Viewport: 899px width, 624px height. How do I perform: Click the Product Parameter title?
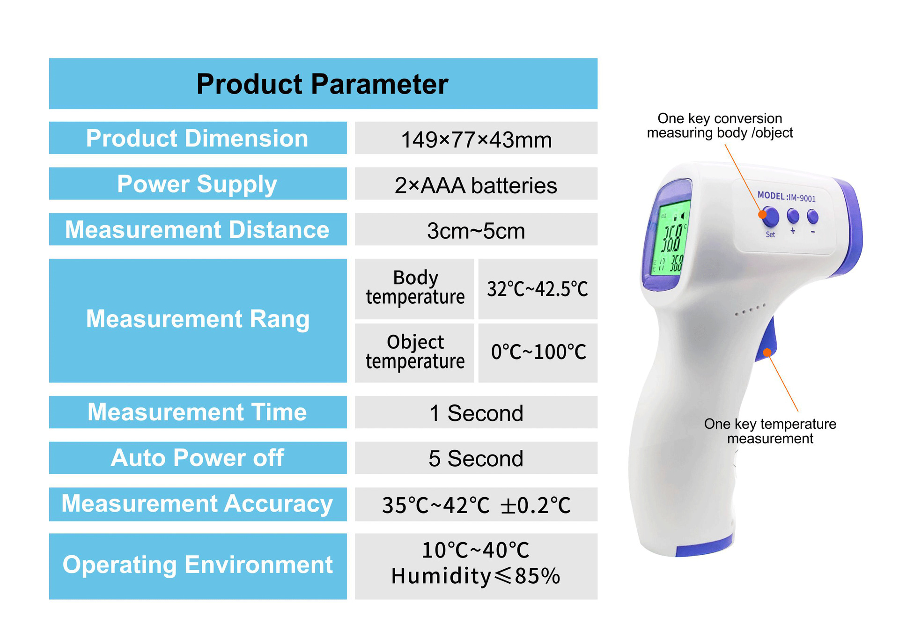pyautogui.click(x=322, y=84)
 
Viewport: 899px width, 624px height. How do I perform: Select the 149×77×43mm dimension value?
pyautogui.click(x=476, y=139)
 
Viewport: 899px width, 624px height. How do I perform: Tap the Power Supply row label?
pyautogui.click(x=197, y=184)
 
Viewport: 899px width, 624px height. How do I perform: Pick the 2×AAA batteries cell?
pyautogui.click(x=476, y=185)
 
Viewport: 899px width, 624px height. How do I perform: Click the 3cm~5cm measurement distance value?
pyautogui.click(x=476, y=231)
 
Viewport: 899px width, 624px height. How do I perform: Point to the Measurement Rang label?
pyautogui.click(x=198, y=320)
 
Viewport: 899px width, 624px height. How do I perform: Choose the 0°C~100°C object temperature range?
pyautogui.click(x=538, y=352)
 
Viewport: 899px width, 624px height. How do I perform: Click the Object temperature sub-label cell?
pyautogui.click(x=415, y=352)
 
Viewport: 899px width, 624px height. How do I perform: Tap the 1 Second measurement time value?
pyautogui.click(x=476, y=413)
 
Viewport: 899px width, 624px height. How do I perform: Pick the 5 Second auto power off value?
pyautogui.click(x=476, y=458)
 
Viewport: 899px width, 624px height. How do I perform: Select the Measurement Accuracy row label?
pyautogui.click(x=197, y=504)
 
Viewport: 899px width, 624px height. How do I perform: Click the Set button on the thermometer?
pyautogui.click(x=770, y=217)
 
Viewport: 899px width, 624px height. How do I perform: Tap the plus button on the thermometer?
pyautogui.click(x=793, y=216)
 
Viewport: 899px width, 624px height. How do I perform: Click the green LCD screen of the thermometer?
pyautogui.click(x=671, y=239)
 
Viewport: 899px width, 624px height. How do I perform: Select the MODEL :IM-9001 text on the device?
pyautogui.click(x=787, y=197)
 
